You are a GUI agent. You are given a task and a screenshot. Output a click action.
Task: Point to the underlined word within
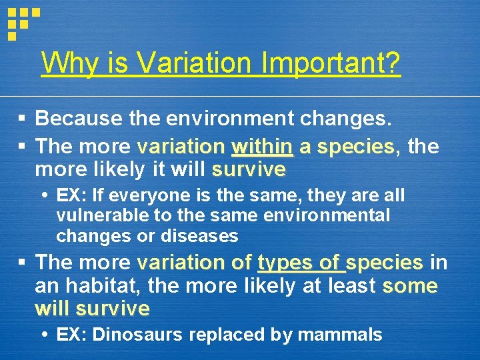pos(262,145)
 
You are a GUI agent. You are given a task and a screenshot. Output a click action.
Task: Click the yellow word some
pos(410,286)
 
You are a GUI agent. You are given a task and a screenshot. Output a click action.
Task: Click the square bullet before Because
pos(22,119)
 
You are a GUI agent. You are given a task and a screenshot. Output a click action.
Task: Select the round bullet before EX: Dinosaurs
pos(44,335)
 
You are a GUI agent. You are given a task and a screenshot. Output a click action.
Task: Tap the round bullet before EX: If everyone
pos(44,196)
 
